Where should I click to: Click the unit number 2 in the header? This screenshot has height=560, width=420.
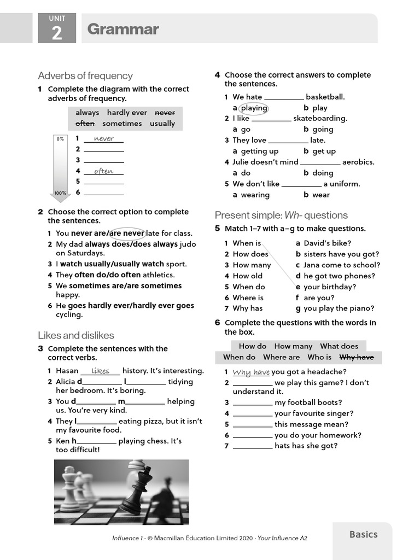[57, 33]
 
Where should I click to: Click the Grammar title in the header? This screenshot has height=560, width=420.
[123, 30]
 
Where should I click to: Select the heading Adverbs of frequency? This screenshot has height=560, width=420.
[85, 75]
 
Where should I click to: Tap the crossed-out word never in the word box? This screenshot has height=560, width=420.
[165, 113]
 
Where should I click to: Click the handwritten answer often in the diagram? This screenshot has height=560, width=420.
[104, 171]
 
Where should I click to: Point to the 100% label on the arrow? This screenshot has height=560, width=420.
[60, 193]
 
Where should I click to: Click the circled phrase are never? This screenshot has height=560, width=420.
[126, 234]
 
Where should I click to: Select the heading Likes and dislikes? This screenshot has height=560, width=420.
[76, 335]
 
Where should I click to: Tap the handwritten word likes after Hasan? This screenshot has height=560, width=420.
[101, 371]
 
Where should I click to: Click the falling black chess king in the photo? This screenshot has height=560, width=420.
[137, 488]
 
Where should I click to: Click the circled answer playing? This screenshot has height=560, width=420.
[254, 108]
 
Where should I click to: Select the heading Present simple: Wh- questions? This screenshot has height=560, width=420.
[281, 215]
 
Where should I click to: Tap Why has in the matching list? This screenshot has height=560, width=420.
[247, 308]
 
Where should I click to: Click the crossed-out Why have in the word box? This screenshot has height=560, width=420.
[357, 357]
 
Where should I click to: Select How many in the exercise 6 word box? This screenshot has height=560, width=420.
[293, 346]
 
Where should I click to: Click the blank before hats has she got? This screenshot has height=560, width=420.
[252, 446]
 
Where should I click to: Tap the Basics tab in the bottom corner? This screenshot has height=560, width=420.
[363, 534]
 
